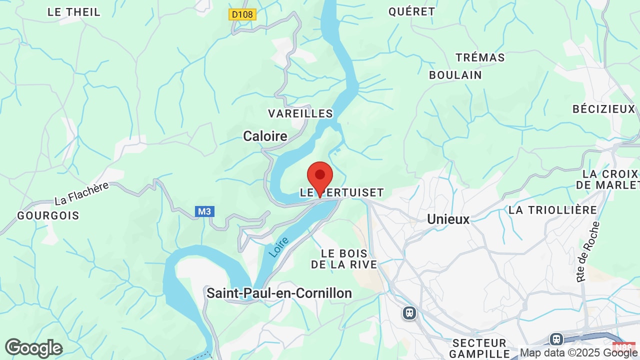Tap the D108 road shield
tap(242, 14)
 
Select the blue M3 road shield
tap(204, 211)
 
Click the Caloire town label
tap(265, 136)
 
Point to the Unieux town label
tap(448, 219)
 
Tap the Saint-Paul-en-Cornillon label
tap(279, 293)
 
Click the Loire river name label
tap(279, 247)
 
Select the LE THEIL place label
tap(74, 12)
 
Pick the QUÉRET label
tap(411, 11)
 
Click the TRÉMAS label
tap(480, 57)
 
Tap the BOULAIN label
tap(455, 75)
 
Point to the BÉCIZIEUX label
tap(603, 109)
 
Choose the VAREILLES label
tap(300, 113)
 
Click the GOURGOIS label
tap(48, 215)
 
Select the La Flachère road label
tap(81, 193)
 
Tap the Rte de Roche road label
tap(587, 252)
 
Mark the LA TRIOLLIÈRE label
tap(552, 210)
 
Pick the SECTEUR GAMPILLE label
tap(479, 348)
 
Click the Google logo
tap(33, 348)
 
